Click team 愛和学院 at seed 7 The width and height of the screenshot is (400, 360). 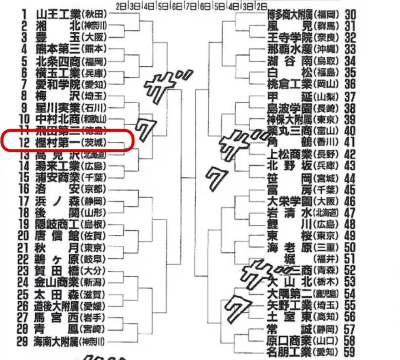(59, 84)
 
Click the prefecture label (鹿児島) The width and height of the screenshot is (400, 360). (327, 294)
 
